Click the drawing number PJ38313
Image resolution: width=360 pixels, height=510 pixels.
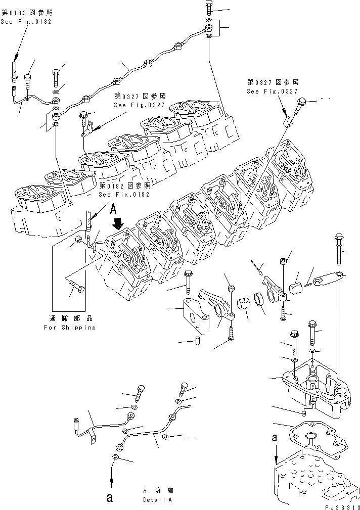tap(338, 505)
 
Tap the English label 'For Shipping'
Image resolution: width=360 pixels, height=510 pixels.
tap(69, 328)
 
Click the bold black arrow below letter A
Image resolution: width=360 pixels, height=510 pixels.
tap(119, 222)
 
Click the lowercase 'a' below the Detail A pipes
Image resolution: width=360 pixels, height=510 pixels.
tap(109, 497)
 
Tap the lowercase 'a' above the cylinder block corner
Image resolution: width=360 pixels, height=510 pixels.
tap(275, 439)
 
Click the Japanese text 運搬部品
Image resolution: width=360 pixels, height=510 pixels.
tap(69, 319)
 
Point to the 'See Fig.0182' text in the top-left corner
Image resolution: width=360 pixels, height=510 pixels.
tap(26, 22)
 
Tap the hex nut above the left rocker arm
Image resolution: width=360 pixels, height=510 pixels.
tap(231, 289)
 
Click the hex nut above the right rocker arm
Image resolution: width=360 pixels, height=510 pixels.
tap(284, 261)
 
